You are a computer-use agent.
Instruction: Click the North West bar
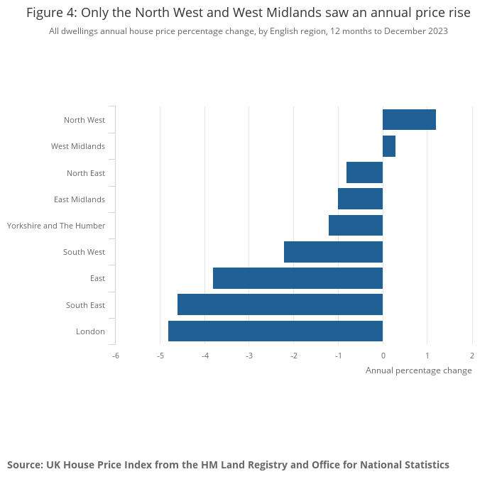pyautogui.click(x=409, y=120)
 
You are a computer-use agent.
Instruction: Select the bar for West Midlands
pyautogui.click(x=389, y=146)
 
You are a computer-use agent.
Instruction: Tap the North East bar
pyautogui.click(x=364, y=172)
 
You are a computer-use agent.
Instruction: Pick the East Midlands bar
pyautogui.click(x=360, y=199)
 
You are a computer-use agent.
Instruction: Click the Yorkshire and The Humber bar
pyautogui.click(x=356, y=225)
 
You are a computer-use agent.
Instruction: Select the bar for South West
pyautogui.click(x=333, y=252)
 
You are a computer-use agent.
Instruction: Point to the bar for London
pyautogui.click(x=275, y=331)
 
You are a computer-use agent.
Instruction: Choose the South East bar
pyautogui.click(x=280, y=304)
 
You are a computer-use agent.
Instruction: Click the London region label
pyautogui.click(x=90, y=331)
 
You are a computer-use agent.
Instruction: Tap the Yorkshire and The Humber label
pyautogui.click(x=56, y=226)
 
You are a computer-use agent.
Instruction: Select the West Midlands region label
pyautogui.click(x=78, y=146)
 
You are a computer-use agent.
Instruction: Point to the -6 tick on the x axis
pyautogui.click(x=115, y=355)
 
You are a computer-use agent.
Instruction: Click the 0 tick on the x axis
pyautogui.click(x=383, y=355)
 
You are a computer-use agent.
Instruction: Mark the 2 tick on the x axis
pyautogui.click(x=471, y=355)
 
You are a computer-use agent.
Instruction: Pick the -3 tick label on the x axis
pyautogui.click(x=248, y=355)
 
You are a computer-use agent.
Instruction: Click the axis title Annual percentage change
pyautogui.click(x=418, y=370)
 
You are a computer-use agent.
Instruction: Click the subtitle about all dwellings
pyautogui.click(x=248, y=31)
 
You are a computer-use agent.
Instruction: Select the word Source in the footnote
pyautogui.click(x=25, y=465)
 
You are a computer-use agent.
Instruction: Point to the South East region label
pyautogui.click(x=85, y=305)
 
